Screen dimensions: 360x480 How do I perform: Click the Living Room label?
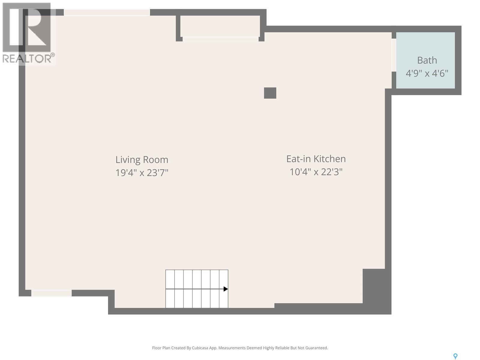click(142, 159)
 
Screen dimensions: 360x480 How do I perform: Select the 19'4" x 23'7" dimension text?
click(142, 173)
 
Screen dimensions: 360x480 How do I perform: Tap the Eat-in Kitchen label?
click(316, 158)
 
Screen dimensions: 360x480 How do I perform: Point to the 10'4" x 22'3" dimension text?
click(316, 172)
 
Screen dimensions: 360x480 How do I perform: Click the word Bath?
click(427, 60)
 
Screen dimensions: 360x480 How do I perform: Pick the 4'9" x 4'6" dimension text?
click(427, 73)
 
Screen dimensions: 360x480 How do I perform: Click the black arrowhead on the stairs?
click(226, 289)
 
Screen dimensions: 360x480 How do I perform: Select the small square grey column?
click(270, 93)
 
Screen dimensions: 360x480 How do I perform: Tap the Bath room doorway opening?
click(394, 55)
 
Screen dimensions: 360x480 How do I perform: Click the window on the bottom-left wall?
click(52, 293)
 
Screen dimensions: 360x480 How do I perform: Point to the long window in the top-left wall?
click(107, 12)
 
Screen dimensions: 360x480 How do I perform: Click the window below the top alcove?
click(220, 39)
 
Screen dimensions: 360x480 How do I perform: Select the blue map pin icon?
click(455, 356)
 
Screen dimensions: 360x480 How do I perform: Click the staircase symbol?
click(196, 289)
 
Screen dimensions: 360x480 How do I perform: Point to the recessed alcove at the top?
click(220, 26)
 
